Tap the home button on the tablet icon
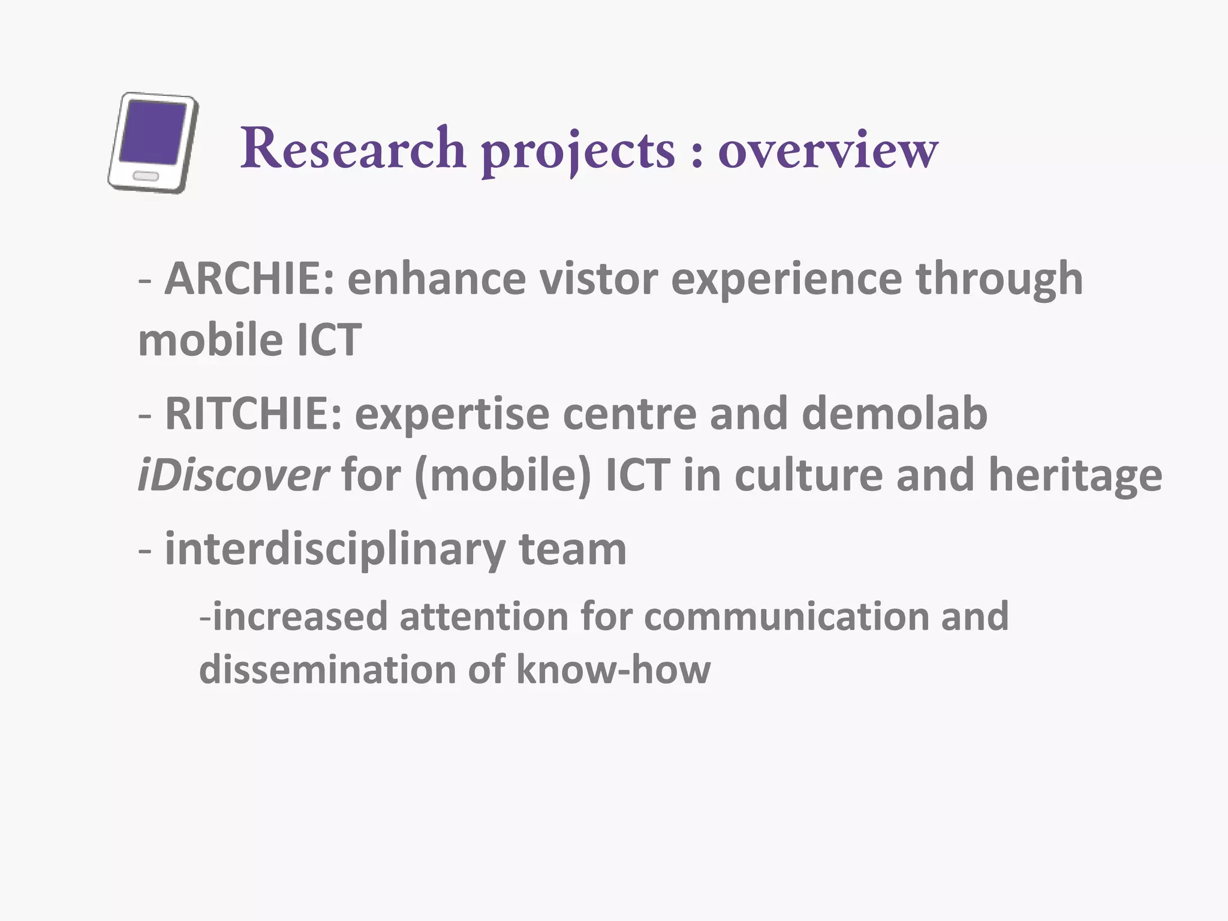pos(146,176)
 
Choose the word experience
pos(786,280)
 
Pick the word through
pos(999,280)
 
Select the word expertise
pos(452,415)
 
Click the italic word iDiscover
pos(233,475)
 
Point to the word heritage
pos(1075,476)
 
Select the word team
pos(572,550)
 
